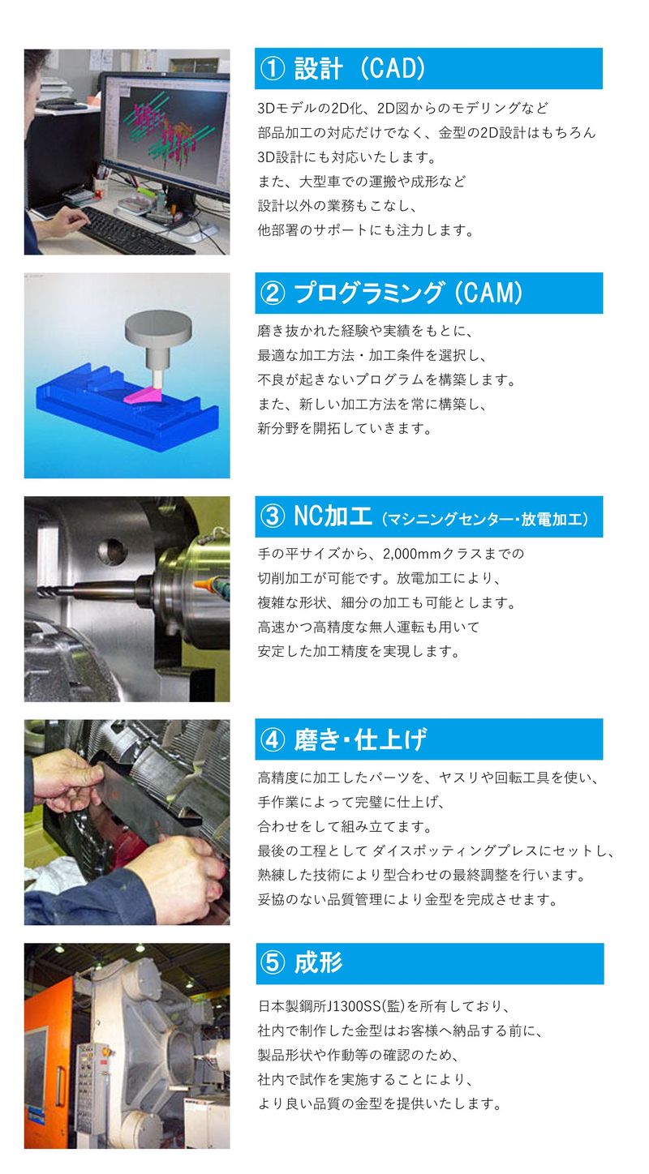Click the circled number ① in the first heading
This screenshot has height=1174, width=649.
(x=273, y=69)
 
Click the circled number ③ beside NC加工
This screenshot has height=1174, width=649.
(x=273, y=516)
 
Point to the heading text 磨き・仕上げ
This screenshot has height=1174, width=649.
(x=360, y=739)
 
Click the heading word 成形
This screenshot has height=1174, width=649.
(x=318, y=962)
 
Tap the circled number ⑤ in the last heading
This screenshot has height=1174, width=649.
(x=273, y=963)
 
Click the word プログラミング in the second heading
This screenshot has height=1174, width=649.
(x=368, y=293)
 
